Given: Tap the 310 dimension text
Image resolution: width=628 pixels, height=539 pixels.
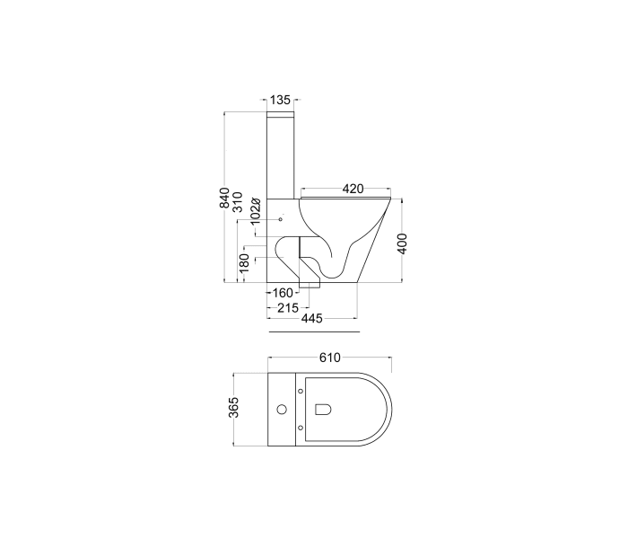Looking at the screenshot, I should [x=239, y=201].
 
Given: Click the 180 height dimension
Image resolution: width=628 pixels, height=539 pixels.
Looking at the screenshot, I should [x=244, y=263].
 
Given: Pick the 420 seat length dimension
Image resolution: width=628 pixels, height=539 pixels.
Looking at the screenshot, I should [x=353, y=189].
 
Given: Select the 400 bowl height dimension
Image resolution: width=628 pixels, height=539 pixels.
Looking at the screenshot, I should [x=403, y=243].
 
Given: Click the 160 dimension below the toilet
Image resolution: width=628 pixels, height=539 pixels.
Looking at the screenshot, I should [x=283, y=293].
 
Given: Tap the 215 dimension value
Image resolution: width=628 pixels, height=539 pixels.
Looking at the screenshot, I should [x=288, y=306].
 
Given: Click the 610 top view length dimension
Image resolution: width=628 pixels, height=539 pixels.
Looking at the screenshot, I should [x=329, y=358].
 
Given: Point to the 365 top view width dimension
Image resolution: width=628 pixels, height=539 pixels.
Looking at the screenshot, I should [x=234, y=409].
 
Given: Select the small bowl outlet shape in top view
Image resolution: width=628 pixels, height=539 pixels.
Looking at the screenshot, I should [x=324, y=410].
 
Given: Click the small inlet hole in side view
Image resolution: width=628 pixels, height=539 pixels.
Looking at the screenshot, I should [x=281, y=219].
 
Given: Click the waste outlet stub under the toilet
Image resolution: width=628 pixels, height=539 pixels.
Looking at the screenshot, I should [x=310, y=286].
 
